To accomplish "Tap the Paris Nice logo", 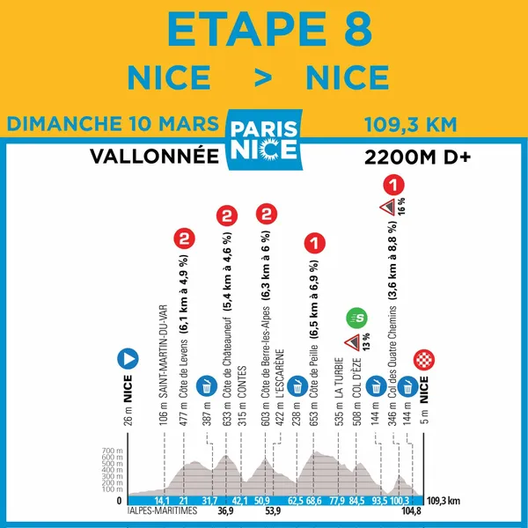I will coord(263,135).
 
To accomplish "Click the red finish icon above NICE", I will coord(427,359).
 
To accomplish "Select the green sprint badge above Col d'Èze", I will coord(356,315).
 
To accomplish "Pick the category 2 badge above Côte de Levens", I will coord(184,238).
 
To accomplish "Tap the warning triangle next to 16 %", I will coord(385,208).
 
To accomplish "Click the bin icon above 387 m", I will coord(206,385).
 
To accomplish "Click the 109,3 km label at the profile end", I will coord(444,500).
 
